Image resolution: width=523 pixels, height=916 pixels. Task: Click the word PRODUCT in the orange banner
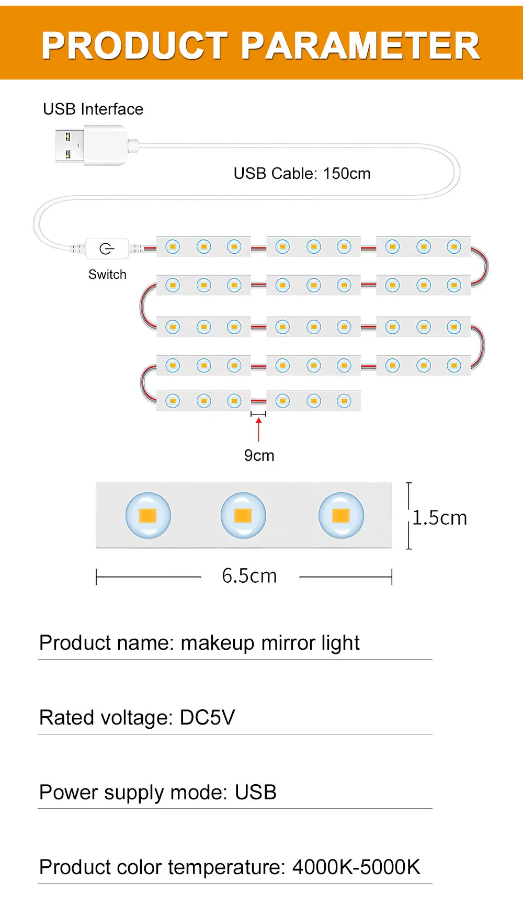(135, 46)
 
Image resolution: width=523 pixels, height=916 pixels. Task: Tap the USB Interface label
(93, 109)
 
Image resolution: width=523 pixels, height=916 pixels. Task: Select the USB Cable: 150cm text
(302, 174)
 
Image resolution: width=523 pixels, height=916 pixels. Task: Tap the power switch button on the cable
(107, 248)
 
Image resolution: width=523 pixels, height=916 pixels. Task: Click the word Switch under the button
(107, 275)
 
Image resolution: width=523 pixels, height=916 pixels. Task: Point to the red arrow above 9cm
(258, 429)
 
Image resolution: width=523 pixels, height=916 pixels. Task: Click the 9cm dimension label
(259, 456)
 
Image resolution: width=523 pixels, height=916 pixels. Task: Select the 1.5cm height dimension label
(439, 518)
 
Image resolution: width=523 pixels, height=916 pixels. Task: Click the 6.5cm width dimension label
(249, 576)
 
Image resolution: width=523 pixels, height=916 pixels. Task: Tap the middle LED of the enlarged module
(243, 516)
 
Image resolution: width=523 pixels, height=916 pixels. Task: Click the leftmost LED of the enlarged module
(148, 516)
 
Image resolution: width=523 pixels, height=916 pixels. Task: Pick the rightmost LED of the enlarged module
(341, 516)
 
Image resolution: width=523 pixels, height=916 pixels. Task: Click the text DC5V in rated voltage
(207, 718)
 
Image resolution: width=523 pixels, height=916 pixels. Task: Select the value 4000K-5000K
(356, 867)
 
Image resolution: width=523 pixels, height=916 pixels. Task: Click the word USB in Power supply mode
(255, 793)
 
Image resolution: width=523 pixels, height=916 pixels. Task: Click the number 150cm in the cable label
(347, 174)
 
